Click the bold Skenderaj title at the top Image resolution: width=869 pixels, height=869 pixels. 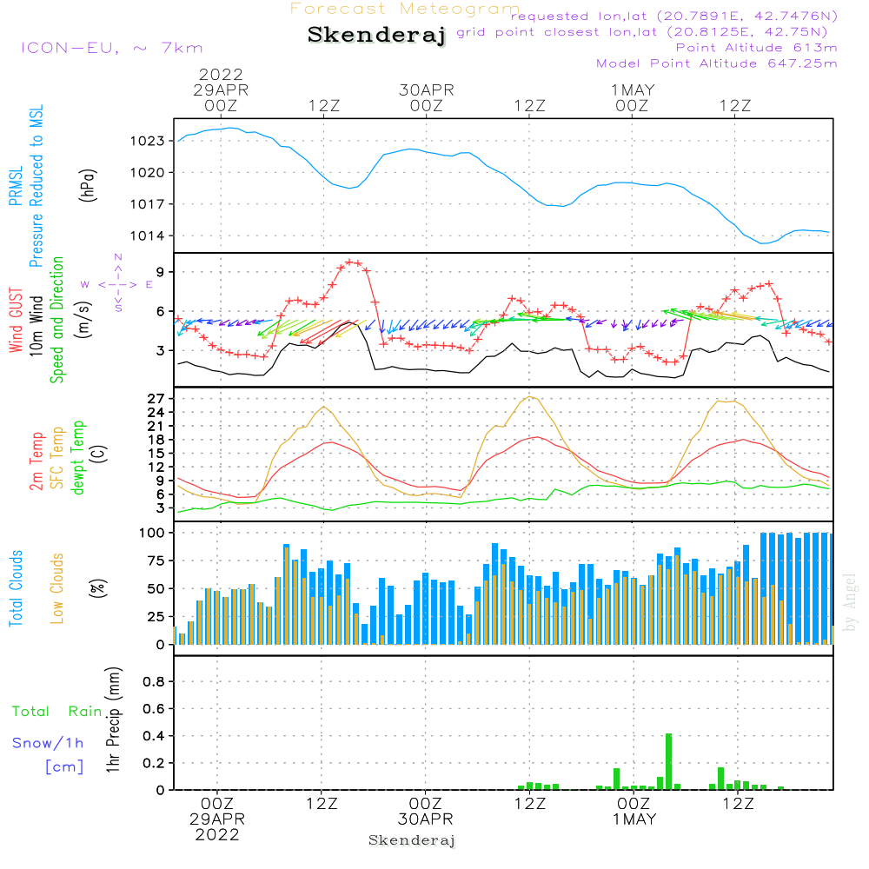coord(376,36)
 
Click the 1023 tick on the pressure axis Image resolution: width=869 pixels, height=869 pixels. coord(148,141)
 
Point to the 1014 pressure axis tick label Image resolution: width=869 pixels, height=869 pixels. coord(148,236)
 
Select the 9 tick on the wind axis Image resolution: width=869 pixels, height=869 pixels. coord(160,271)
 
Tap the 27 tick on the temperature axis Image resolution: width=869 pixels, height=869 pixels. coord(156,399)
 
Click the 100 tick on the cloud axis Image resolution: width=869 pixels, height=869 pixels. coord(151,533)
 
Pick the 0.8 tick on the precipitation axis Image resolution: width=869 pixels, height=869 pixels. coord(154,681)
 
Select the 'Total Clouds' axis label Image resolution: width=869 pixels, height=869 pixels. coord(16,588)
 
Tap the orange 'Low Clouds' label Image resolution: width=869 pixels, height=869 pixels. coord(57,588)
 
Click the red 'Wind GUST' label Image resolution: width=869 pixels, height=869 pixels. coord(16,320)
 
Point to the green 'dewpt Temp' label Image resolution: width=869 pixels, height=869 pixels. coord(77,457)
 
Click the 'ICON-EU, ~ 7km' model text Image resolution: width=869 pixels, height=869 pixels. coord(112,48)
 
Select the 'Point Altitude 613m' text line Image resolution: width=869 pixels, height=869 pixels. coord(756,48)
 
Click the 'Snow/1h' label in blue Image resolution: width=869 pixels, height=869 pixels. coord(48,743)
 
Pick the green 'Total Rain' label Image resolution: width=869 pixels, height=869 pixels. coord(57,712)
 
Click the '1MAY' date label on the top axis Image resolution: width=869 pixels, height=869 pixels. coord(633,90)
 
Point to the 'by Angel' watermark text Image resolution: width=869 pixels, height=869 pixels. coord(850,602)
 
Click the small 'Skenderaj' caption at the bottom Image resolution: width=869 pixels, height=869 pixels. coord(412,840)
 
